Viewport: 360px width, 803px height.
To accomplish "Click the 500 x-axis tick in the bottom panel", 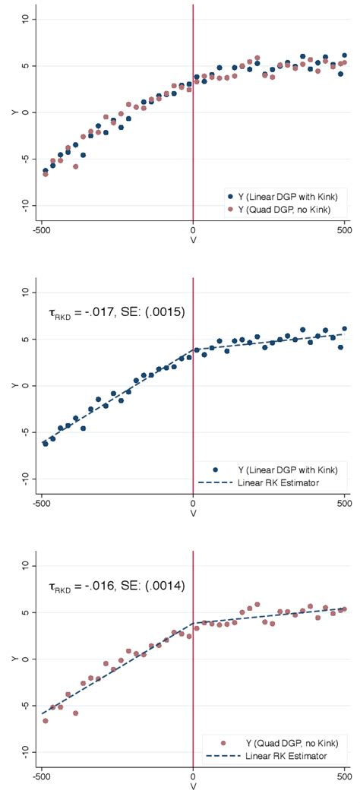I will [x=346, y=777].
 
